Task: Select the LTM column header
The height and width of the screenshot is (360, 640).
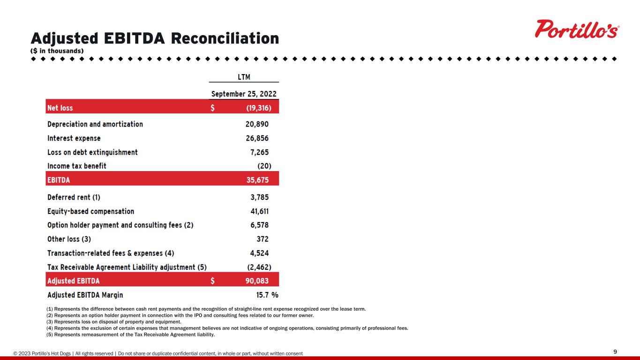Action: point(244,76)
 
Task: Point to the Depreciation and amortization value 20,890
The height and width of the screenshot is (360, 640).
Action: point(256,124)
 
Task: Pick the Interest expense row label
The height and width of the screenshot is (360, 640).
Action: point(74,138)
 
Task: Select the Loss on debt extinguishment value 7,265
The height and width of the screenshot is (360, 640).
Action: point(259,152)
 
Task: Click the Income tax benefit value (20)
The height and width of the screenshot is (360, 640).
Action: point(264,166)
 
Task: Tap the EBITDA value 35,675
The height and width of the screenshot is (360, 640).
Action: point(257,179)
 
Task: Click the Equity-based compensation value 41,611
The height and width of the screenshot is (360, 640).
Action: point(259,211)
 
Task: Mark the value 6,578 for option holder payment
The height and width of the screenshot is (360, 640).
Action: point(259,225)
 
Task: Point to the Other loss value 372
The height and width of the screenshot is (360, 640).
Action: point(262,239)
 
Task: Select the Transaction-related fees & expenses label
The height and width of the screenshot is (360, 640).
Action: point(111,253)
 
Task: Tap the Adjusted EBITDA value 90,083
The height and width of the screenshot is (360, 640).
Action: point(256,281)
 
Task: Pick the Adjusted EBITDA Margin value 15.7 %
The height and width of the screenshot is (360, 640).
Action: point(264,295)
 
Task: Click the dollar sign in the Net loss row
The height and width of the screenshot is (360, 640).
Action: point(213,108)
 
